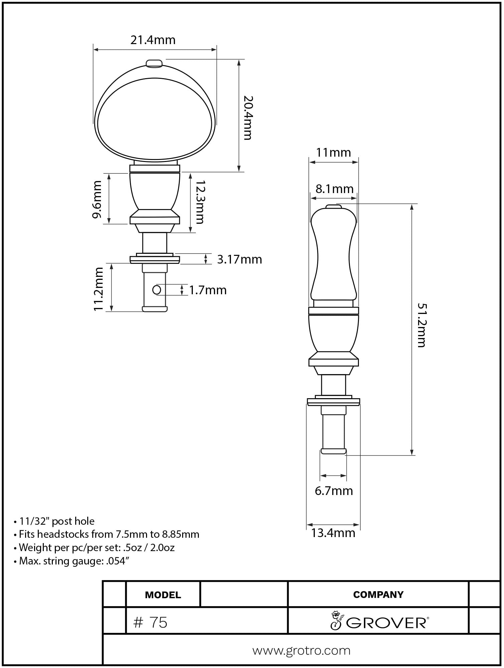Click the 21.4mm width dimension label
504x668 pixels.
click(153, 40)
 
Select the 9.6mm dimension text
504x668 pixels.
click(97, 199)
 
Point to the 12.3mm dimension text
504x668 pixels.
click(200, 202)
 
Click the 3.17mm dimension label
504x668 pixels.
click(240, 260)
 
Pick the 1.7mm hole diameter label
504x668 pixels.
click(208, 290)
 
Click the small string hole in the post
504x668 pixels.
click(156, 290)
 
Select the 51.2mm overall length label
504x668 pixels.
click(422, 325)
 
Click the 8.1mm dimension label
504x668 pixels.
click(335, 189)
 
